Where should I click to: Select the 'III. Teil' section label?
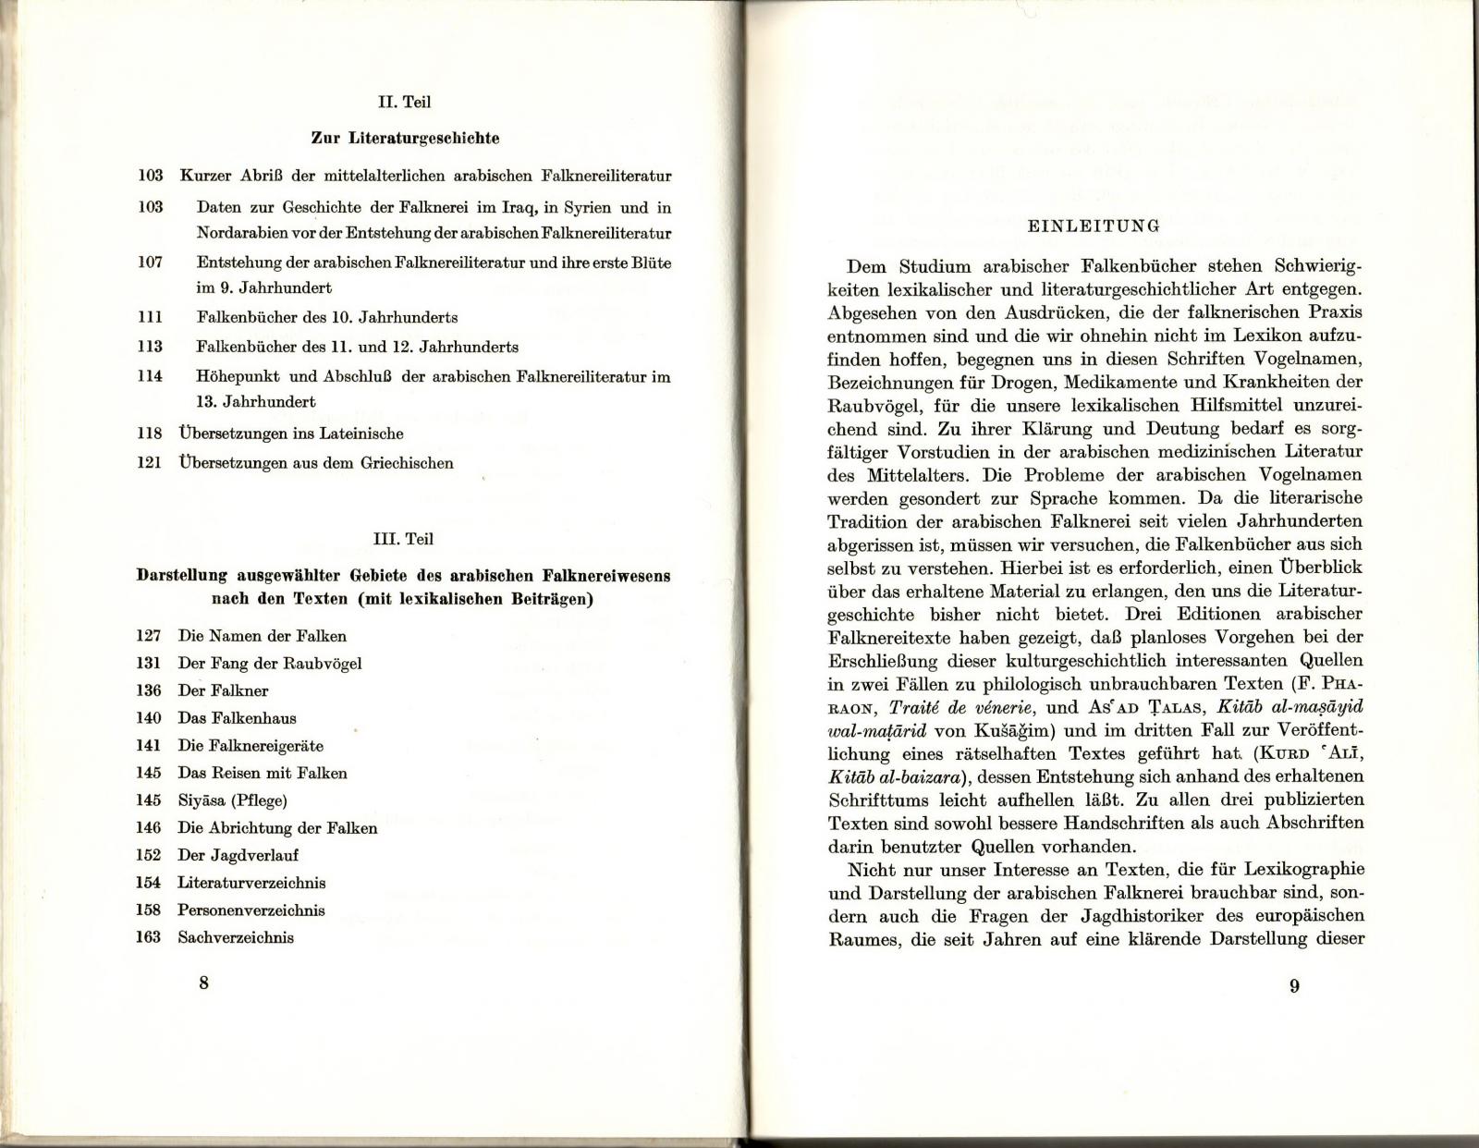402,539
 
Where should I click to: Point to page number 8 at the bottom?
203,983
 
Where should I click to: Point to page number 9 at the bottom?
1294,986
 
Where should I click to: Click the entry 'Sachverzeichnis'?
236,937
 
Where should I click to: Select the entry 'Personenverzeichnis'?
251,910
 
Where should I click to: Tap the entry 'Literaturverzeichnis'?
251,883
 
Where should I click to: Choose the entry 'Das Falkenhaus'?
237,718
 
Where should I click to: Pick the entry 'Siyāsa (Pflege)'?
232,800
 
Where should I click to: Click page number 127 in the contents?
148,636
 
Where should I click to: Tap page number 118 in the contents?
150,433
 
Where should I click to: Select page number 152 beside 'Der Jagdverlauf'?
148,855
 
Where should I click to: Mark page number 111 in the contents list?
150,317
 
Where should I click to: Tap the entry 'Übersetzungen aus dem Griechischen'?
315,463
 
